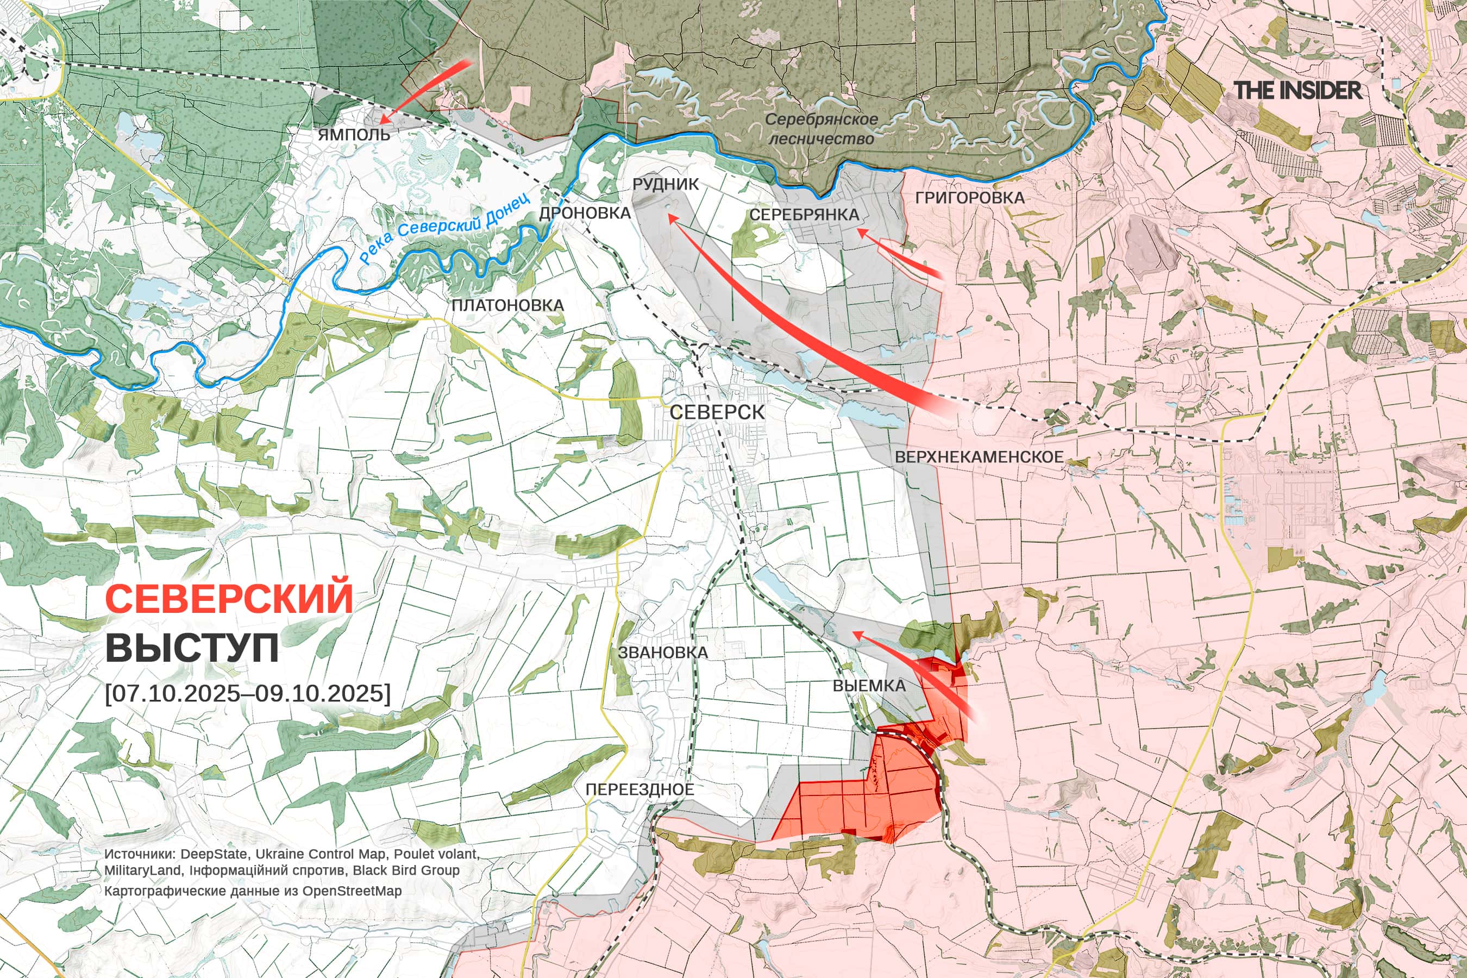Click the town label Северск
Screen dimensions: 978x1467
(717, 412)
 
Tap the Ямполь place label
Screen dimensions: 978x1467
(354, 135)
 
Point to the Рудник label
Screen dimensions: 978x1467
(666, 184)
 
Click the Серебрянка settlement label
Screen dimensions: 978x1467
(804, 215)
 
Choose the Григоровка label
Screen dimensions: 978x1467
(969, 198)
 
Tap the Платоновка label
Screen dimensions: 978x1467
(507, 305)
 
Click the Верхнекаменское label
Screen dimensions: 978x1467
(979, 456)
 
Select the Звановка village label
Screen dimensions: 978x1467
(662, 653)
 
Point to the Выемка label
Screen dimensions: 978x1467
(869, 686)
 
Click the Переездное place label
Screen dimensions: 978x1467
(640, 789)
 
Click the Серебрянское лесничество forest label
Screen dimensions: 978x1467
(821, 128)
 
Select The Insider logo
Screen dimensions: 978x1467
(1297, 90)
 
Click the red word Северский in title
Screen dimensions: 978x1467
(229, 598)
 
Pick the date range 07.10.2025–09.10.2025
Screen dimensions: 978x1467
(248, 693)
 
